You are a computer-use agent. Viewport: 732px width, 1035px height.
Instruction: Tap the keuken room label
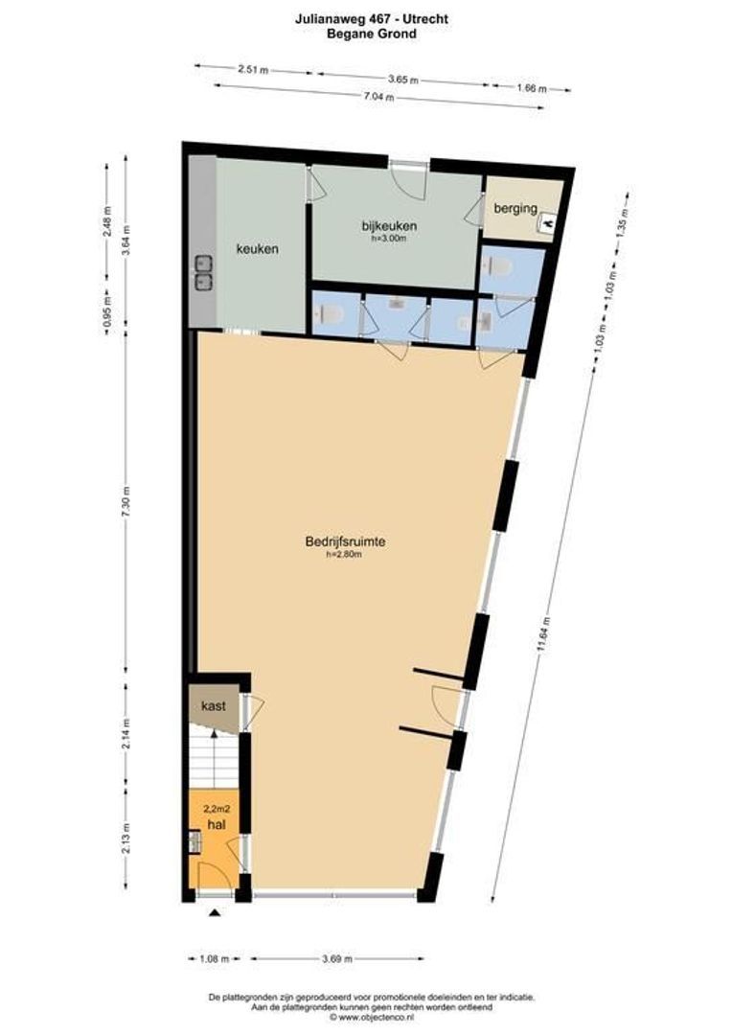coord(258,249)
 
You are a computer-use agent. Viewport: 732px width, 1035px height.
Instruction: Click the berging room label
coord(515,208)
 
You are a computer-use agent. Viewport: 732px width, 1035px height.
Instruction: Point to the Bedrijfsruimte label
coord(345,541)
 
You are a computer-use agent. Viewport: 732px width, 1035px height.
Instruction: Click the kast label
coord(213,706)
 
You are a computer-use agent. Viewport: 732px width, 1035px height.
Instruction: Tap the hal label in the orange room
coord(216,822)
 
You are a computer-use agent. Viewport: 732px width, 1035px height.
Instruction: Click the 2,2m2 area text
coord(216,808)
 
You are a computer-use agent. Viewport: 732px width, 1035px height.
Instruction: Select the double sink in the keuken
coord(204,271)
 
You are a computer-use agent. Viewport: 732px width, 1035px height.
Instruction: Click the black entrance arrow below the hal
coord(215,912)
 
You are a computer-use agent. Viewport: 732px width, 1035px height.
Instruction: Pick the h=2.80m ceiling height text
coord(344,554)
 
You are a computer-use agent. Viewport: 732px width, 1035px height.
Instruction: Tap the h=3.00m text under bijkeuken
coord(390,239)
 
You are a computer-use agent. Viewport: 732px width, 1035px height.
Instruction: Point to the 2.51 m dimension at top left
coord(252,69)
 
